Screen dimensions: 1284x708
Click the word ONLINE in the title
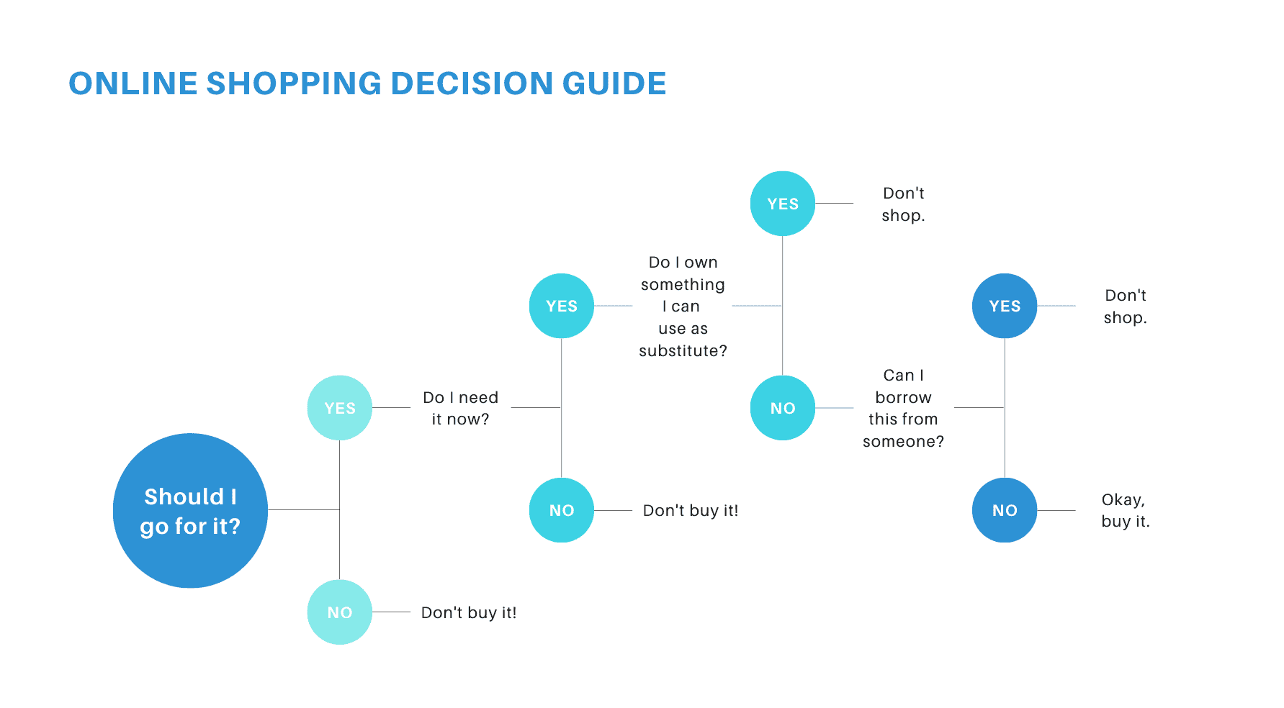(133, 83)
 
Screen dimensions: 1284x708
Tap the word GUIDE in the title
(614, 83)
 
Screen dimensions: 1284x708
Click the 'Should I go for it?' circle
(190, 510)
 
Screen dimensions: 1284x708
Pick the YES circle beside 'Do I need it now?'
(340, 408)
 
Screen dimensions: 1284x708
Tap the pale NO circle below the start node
(340, 612)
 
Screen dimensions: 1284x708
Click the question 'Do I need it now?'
(461, 408)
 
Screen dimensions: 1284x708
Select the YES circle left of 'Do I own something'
(562, 306)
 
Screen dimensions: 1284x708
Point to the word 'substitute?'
(683, 350)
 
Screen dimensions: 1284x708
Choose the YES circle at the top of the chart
(783, 204)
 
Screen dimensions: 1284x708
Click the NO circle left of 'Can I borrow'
(783, 408)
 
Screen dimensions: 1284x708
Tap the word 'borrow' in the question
(904, 397)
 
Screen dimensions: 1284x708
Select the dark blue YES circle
(1005, 306)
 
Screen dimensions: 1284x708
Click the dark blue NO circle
(1005, 510)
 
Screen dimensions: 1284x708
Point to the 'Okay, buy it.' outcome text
(1126, 510)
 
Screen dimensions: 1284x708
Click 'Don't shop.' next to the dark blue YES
(1126, 306)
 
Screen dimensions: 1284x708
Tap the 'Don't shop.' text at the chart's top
(904, 204)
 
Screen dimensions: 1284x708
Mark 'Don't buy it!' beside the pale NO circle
(469, 612)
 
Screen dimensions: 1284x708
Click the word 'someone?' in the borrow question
(904, 441)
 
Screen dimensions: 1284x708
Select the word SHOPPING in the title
(294, 83)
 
